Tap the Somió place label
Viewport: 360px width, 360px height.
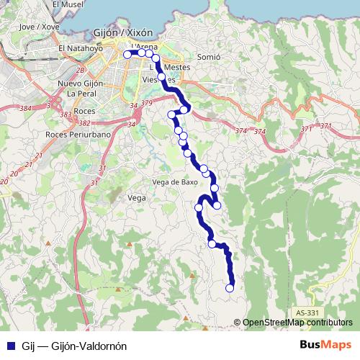click(x=207, y=56)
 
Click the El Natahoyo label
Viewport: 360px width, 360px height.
click(x=82, y=49)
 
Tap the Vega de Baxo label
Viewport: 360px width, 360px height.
click(x=175, y=181)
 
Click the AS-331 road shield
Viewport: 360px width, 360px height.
click(x=307, y=312)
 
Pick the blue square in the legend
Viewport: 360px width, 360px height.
click(x=10, y=345)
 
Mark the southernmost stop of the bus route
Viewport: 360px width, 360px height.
click(x=230, y=288)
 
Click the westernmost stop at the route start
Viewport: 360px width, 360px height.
click(x=127, y=54)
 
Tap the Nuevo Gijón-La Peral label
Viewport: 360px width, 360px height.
click(x=81, y=89)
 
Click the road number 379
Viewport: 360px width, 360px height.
click(x=148, y=104)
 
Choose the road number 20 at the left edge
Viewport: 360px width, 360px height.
click(x=4, y=183)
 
